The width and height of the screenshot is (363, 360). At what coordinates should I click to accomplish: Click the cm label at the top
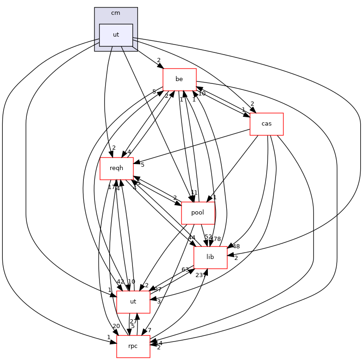pyautogui.click(x=116, y=13)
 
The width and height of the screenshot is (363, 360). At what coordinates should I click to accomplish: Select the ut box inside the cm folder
pyautogui.click(x=116, y=35)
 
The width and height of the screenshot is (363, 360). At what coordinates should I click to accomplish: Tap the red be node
pyautogui.click(x=179, y=79)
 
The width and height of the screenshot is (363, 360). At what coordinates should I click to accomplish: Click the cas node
pyautogui.click(x=266, y=124)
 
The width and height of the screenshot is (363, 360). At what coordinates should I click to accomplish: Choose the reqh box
pyautogui.click(x=117, y=168)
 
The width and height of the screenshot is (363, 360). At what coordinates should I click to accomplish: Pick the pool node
pyautogui.click(x=198, y=213)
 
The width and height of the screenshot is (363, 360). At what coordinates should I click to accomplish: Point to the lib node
pyautogui.click(x=210, y=257)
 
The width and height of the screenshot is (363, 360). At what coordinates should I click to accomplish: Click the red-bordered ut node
pyautogui.click(x=133, y=302)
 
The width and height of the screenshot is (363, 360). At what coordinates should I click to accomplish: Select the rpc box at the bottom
pyautogui.click(x=133, y=346)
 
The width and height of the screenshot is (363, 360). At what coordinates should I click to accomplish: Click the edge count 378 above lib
pyautogui.click(x=215, y=238)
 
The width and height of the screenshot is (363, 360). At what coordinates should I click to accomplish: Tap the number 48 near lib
pyautogui.click(x=236, y=246)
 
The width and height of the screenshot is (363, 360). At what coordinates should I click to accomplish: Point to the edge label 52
pyautogui.click(x=208, y=237)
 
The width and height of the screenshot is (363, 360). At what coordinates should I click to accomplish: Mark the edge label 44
pyautogui.click(x=192, y=238)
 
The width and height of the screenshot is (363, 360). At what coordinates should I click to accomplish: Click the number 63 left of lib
pyautogui.click(x=185, y=269)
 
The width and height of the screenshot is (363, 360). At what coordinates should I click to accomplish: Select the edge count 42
pyautogui.click(x=120, y=282)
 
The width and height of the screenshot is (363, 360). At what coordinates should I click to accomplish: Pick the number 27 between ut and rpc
pyautogui.click(x=133, y=322)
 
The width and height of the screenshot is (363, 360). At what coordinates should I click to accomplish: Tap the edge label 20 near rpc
pyautogui.click(x=116, y=326)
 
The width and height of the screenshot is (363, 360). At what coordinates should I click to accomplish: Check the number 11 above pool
pyautogui.click(x=194, y=192)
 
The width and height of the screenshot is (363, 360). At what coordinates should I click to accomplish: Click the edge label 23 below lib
pyautogui.click(x=199, y=275)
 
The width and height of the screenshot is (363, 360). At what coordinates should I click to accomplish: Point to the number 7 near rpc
pyautogui.click(x=149, y=330)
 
